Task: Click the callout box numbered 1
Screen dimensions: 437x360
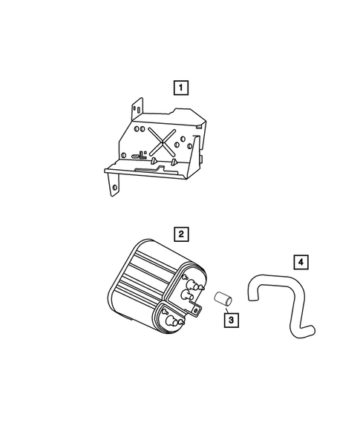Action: click(180, 87)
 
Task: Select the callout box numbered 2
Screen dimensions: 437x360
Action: click(180, 234)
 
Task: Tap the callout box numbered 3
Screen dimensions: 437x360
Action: click(232, 321)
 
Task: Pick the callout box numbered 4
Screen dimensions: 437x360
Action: click(300, 262)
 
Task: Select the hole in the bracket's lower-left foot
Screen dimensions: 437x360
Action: click(114, 188)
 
